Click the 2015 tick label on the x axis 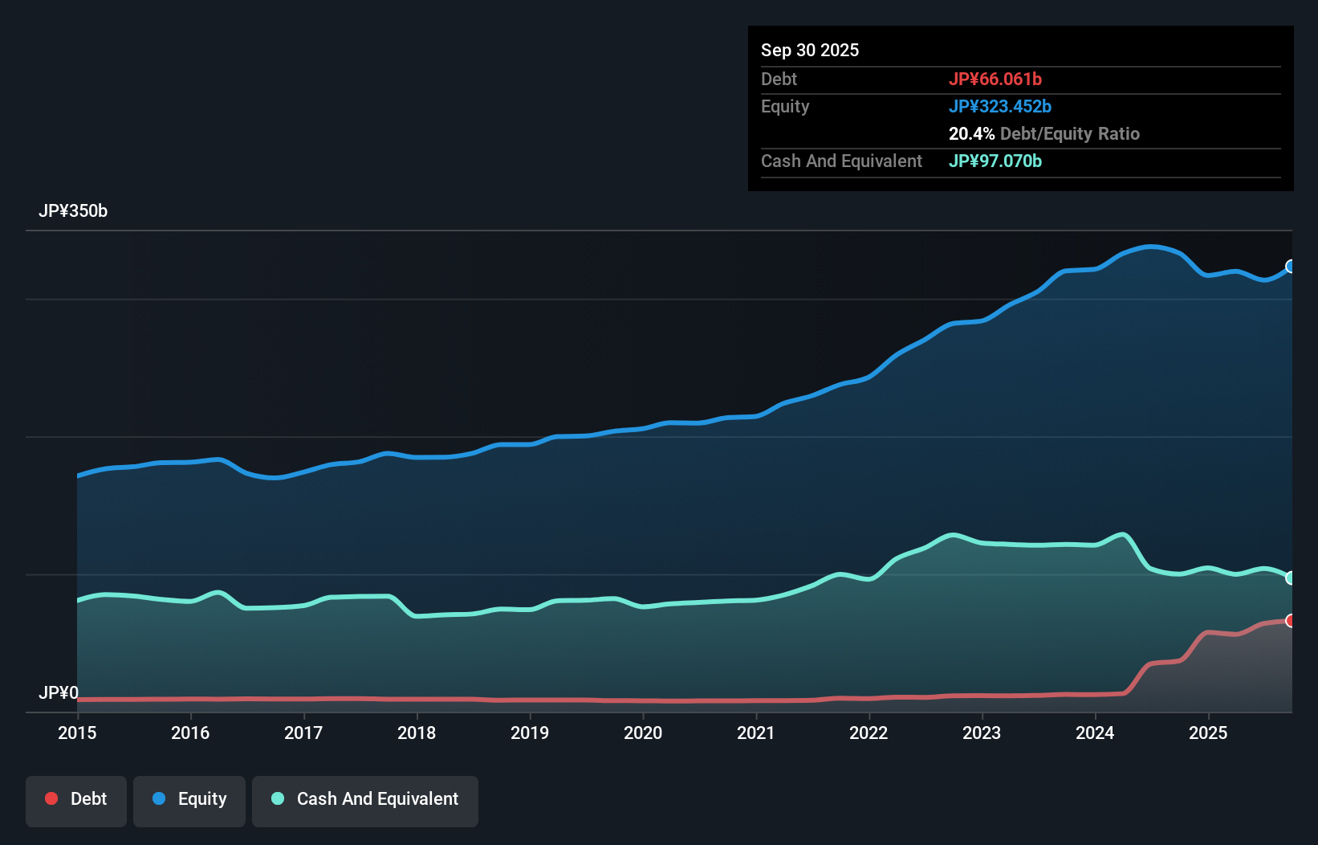pyautogui.click(x=77, y=733)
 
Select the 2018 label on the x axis pyautogui.click(x=417, y=733)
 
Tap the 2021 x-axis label pyautogui.click(x=756, y=733)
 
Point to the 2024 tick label pyautogui.click(x=1095, y=733)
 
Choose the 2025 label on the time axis pyautogui.click(x=1208, y=733)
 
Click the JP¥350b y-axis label pyautogui.click(x=73, y=211)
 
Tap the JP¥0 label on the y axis pyautogui.click(x=59, y=692)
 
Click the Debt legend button pyautogui.click(x=76, y=799)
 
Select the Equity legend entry pyautogui.click(x=189, y=799)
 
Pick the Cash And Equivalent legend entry pyautogui.click(x=365, y=799)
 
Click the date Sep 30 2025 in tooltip pyautogui.click(x=810, y=50)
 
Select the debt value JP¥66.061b pyautogui.click(x=995, y=79)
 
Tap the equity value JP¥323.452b pyautogui.click(x=1000, y=106)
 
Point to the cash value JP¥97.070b pyautogui.click(x=995, y=161)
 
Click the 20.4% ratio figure pyautogui.click(x=971, y=133)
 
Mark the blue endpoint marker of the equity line pyautogui.click(x=1291, y=267)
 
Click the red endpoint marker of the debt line pyautogui.click(x=1291, y=621)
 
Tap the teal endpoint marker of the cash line pyautogui.click(x=1291, y=578)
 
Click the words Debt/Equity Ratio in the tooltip pyautogui.click(x=1070, y=133)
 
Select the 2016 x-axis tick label pyautogui.click(x=190, y=733)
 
